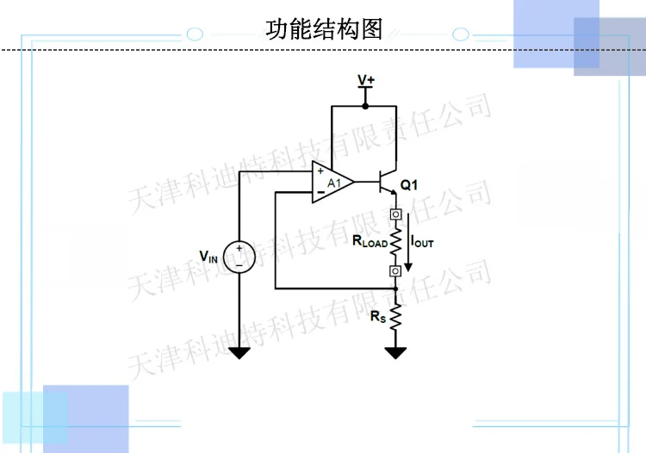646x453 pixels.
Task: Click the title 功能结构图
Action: click(324, 29)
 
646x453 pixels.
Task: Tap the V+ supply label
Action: click(366, 79)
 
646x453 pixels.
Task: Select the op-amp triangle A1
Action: click(332, 182)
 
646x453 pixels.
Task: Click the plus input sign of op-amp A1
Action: click(320, 171)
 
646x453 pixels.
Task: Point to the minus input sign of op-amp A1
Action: click(320, 192)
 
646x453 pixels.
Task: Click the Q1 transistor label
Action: click(408, 185)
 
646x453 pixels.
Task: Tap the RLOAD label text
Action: click(370, 241)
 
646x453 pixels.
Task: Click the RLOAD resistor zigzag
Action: click(395, 243)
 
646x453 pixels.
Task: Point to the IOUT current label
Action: click(422, 242)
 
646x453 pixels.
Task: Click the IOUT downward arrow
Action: click(408, 242)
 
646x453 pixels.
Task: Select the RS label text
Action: click(378, 317)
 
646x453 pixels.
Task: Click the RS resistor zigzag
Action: click(395, 316)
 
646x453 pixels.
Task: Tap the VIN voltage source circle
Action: click(239, 257)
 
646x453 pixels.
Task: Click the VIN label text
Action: click(208, 257)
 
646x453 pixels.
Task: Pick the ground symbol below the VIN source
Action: click(239, 353)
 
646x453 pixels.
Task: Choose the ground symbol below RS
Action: click(395, 353)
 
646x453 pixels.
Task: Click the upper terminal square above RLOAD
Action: click(395, 214)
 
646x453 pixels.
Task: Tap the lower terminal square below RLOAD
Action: click(395, 270)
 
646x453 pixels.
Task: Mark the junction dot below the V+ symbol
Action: click(365, 106)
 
